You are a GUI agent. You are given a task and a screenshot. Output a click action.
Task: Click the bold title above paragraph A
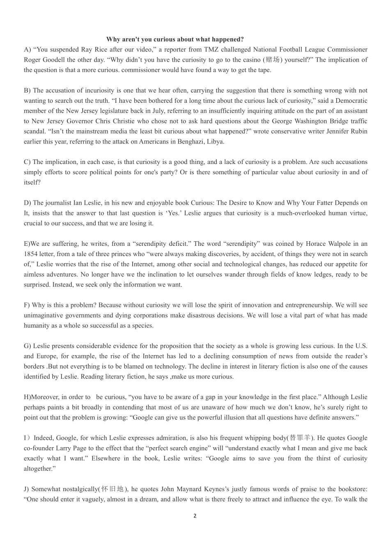[x=175, y=39]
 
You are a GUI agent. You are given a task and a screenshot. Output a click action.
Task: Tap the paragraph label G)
[x=27, y=346]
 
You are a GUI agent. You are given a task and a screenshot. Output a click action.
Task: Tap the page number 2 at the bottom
[x=195, y=516]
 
